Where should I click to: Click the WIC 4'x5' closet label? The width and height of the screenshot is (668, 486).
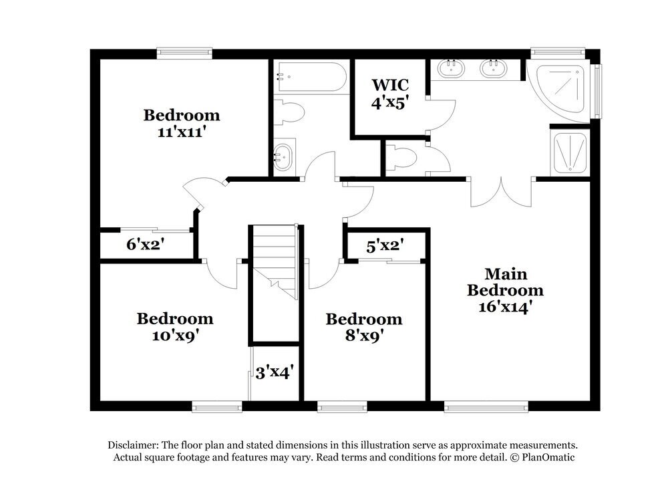pyautogui.click(x=389, y=94)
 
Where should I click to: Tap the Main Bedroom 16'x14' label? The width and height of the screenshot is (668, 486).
pyautogui.click(x=505, y=290)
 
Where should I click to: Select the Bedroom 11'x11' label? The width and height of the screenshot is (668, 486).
pyautogui.click(x=181, y=123)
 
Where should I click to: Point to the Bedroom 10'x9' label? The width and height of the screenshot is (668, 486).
pyautogui.click(x=175, y=326)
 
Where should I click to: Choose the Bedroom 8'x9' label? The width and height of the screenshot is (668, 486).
pyautogui.click(x=363, y=328)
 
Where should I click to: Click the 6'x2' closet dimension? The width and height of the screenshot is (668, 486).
pyautogui.click(x=146, y=245)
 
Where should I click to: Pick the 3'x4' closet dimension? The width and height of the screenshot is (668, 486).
pyautogui.click(x=275, y=372)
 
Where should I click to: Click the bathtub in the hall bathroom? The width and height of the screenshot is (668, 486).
pyautogui.click(x=311, y=78)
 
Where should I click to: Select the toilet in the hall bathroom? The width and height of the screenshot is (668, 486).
pyautogui.click(x=290, y=112)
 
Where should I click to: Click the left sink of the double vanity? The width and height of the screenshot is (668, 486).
pyautogui.click(x=453, y=68)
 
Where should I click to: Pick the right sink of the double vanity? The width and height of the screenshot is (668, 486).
pyautogui.click(x=494, y=68)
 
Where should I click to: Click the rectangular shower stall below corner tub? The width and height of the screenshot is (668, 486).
pyautogui.click(x=569, y=152)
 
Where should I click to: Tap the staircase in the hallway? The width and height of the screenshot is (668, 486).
pyautogui.click(x=274, y=261)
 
